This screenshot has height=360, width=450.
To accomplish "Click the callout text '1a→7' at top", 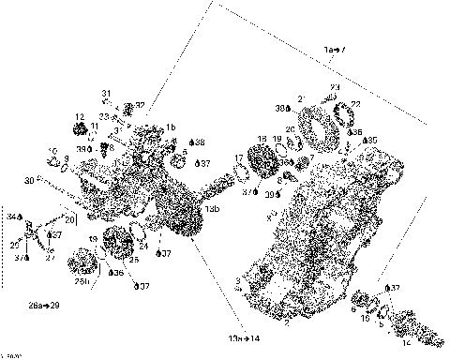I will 335,48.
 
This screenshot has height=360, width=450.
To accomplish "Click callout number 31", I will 107,93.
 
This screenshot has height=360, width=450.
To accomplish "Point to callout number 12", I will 80,116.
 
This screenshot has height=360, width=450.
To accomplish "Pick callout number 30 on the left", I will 29,180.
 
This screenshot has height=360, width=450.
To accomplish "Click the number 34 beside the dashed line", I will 12,217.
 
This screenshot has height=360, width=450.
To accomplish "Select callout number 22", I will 355,104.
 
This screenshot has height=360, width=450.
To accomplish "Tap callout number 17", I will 239,157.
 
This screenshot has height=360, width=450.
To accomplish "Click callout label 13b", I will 213,208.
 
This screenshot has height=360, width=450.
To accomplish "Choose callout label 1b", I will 172,127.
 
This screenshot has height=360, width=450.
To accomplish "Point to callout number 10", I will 52,150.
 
